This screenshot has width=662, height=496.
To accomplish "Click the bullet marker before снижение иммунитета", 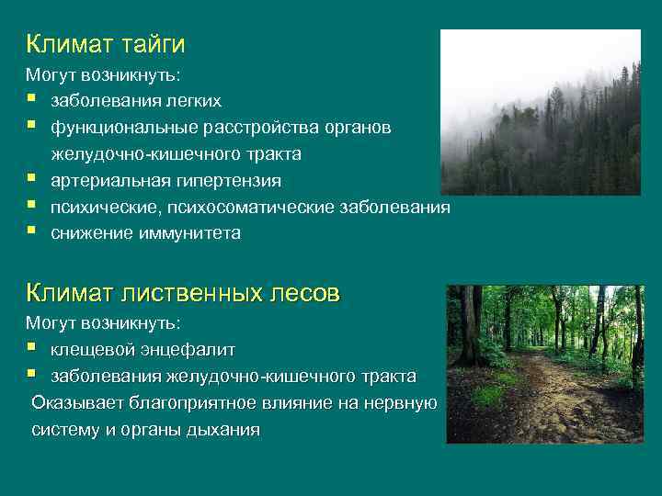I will (31, 232).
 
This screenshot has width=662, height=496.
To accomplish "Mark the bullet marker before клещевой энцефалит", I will (31, 349).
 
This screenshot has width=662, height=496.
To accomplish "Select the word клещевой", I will (93, 350).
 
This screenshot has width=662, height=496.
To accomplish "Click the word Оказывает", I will (75, 402).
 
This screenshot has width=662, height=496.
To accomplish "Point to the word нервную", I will (400, 402).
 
